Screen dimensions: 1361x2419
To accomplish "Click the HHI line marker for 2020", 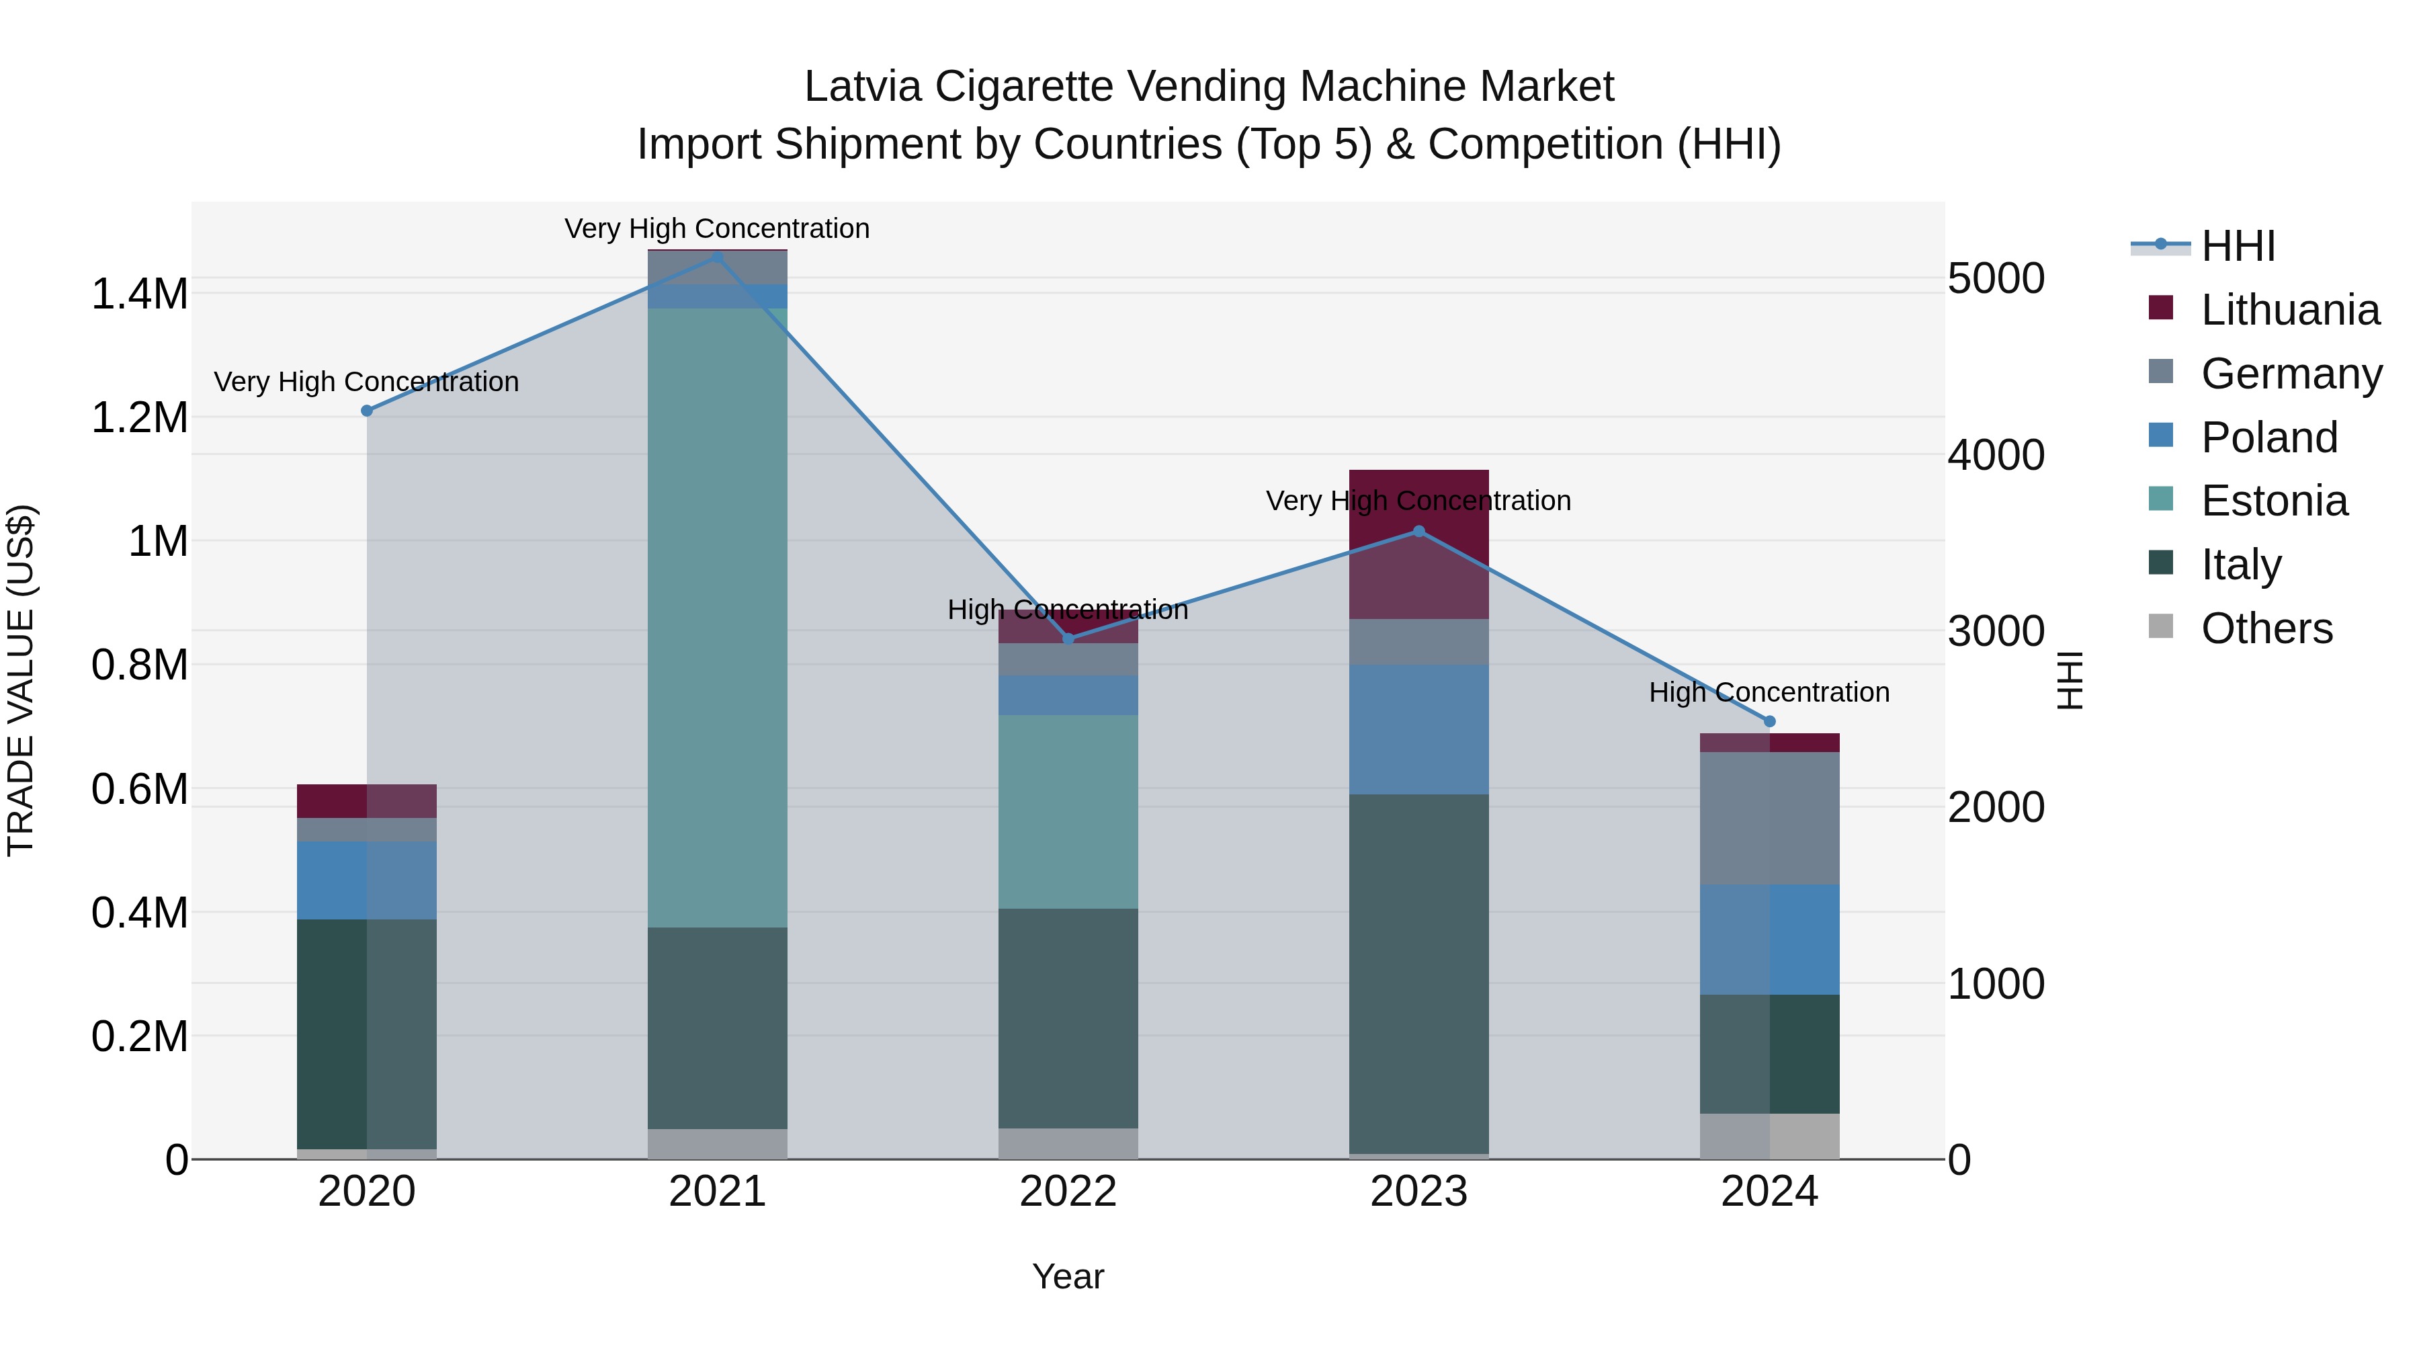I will [367, 411].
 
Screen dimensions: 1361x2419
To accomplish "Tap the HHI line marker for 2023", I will [1419, 532].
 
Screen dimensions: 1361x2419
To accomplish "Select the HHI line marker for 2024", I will [1769, 721].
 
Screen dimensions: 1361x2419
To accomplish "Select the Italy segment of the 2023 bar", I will [1419, 974].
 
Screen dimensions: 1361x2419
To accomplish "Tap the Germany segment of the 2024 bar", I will [1769, 818].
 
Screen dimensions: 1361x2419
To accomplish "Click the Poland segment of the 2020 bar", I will [367, 880].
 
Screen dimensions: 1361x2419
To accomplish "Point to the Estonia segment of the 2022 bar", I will [1068, 811].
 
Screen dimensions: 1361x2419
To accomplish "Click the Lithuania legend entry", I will [2289, 310].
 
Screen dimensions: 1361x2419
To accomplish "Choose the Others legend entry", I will [2266, 628].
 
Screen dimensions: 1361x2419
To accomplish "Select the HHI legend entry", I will [2238, 246].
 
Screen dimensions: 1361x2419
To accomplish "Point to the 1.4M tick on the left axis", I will [140, 294].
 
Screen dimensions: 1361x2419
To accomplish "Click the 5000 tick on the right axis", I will [1996, 279].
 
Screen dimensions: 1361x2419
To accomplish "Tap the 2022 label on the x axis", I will [1068, 1192].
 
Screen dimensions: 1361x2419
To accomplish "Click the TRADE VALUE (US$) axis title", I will [21, 680].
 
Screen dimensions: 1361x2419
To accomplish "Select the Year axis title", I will [1068, 1276].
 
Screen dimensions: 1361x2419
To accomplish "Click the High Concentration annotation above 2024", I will [1769, 692].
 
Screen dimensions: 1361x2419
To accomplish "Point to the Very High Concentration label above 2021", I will [718, 229].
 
